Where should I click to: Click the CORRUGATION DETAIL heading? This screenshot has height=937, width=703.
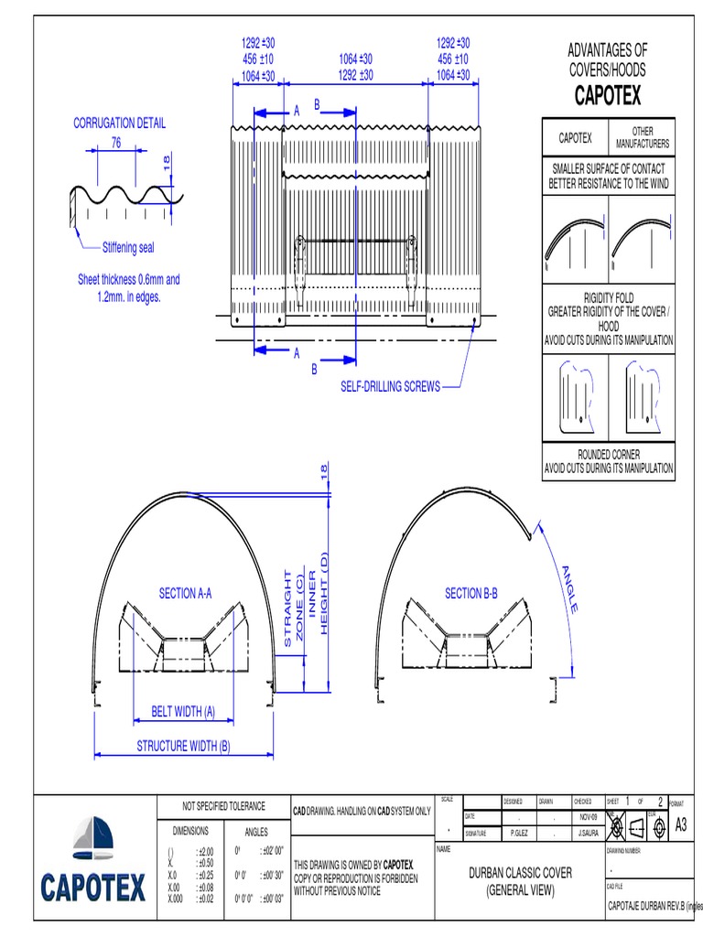[x=119, y=124]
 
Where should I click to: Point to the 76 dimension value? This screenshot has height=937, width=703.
[x=116, y=142]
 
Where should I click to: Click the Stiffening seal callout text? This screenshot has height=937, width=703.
[x=128, y=247]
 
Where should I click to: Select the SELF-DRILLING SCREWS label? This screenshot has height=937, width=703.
[x=390, y=386]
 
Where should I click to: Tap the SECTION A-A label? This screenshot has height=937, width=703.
[x=185, y=594]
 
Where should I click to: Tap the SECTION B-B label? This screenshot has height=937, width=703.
[x=470, y=594]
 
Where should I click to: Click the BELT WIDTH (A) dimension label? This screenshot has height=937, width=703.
[x=183, y=711]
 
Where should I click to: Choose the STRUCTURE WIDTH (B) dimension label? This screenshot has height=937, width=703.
[x=183, y=746]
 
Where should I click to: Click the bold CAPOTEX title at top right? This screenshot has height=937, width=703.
[x=608, y=95]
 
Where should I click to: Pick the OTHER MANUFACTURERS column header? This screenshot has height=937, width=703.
[x=642, y=138]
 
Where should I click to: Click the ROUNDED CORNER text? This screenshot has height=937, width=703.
[x=608, y=454]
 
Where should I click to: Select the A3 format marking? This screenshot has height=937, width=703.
[x=680, y=825]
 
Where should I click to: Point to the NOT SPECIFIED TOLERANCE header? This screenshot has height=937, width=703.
[x=223, y=806]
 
